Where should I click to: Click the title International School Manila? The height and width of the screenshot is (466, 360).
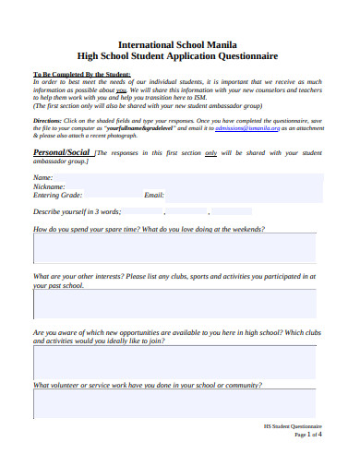point(181,43)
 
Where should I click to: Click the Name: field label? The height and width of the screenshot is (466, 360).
point(42,177)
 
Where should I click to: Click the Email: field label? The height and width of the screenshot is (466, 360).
point(154,196)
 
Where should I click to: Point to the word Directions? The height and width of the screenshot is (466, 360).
point(47,122)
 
